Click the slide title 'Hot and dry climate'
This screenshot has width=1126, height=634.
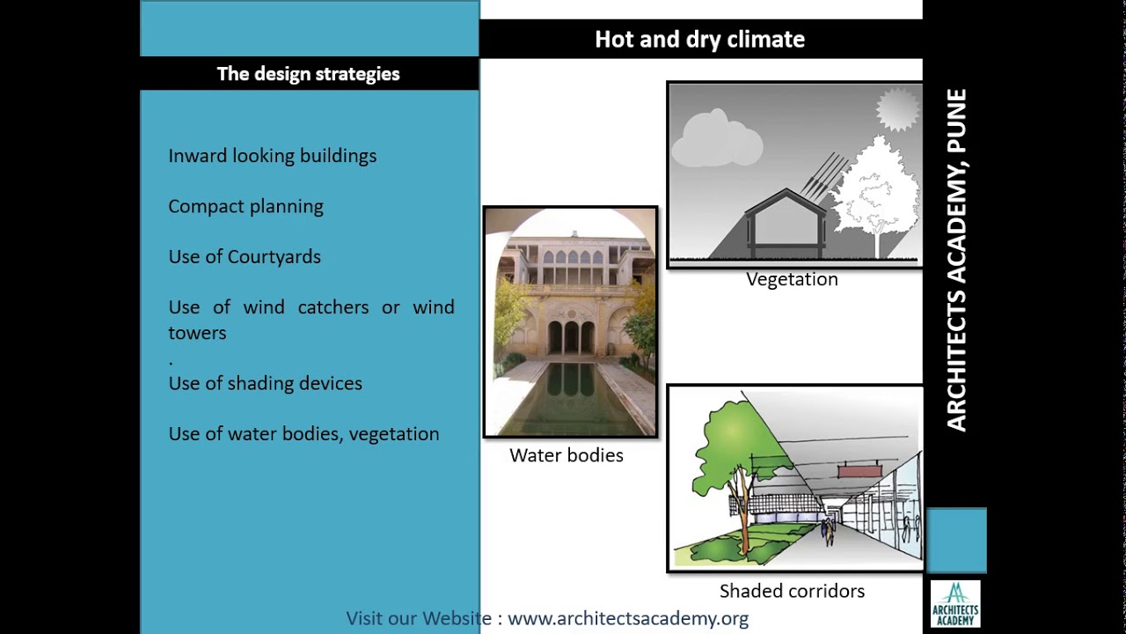pos(699,40)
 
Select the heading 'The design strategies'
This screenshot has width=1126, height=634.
pos(308,74)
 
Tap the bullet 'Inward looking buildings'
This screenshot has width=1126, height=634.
pos(273,156)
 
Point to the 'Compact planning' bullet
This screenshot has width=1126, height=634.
pos(245,207)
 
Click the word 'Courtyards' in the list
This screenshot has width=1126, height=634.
pos(274,257)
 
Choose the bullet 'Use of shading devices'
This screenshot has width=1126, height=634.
pos(265,384)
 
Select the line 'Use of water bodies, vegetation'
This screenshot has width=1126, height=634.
pos(303,434)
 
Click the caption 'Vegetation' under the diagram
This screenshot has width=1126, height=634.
pos(792,279)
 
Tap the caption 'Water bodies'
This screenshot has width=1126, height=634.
pos(567,455)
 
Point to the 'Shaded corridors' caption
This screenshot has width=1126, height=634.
pos(792,591)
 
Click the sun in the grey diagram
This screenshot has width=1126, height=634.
pos(897,111)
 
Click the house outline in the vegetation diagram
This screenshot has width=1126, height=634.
pos(785,220)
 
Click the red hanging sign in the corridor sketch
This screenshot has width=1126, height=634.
pos(859,472)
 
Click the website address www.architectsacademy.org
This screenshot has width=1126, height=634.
pos(628,618)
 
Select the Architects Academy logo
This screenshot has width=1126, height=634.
pos(955,604)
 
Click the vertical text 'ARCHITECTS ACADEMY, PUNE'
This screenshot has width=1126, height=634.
pos(956,260)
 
